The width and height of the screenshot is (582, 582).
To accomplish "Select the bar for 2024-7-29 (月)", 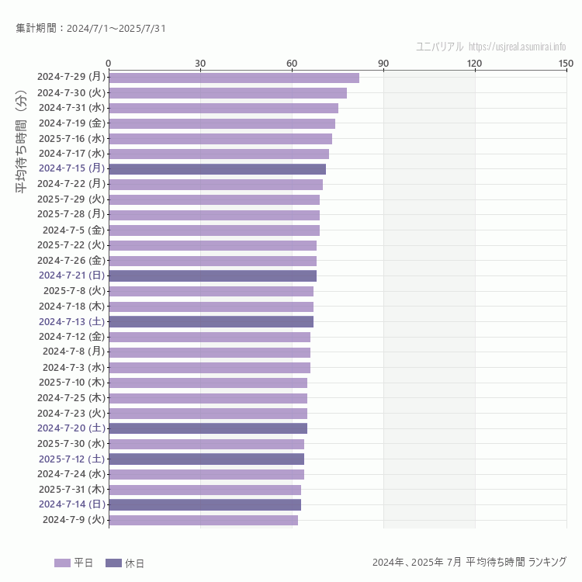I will (234, 78).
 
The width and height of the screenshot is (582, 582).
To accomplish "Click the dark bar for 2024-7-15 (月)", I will (217, 169).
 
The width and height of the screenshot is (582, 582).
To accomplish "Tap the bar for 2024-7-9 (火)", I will (203, 520).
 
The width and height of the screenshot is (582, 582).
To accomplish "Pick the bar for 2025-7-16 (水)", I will (220, 138).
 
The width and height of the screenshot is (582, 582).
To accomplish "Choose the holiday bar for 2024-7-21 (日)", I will (213, 275).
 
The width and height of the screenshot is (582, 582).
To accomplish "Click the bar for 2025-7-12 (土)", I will (206, 459).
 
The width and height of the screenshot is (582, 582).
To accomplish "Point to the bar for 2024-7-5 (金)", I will (214, 230).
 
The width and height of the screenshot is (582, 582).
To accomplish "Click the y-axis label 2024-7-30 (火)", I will (71, 92).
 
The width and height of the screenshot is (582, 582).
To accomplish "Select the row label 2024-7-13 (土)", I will (71, 321).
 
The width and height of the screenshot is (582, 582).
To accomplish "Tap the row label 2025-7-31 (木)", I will (71, 490).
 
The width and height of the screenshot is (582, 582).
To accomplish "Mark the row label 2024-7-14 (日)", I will (71, 504).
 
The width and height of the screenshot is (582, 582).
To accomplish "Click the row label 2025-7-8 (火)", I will (74, 291).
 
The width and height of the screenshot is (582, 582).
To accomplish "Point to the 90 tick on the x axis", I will (383, 63).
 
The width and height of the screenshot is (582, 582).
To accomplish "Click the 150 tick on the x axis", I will (566, 63).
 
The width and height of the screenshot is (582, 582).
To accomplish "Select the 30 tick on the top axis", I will (200, 63).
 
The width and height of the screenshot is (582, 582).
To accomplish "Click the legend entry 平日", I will (74, 563).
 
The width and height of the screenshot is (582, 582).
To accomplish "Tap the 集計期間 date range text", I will (91, 29).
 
